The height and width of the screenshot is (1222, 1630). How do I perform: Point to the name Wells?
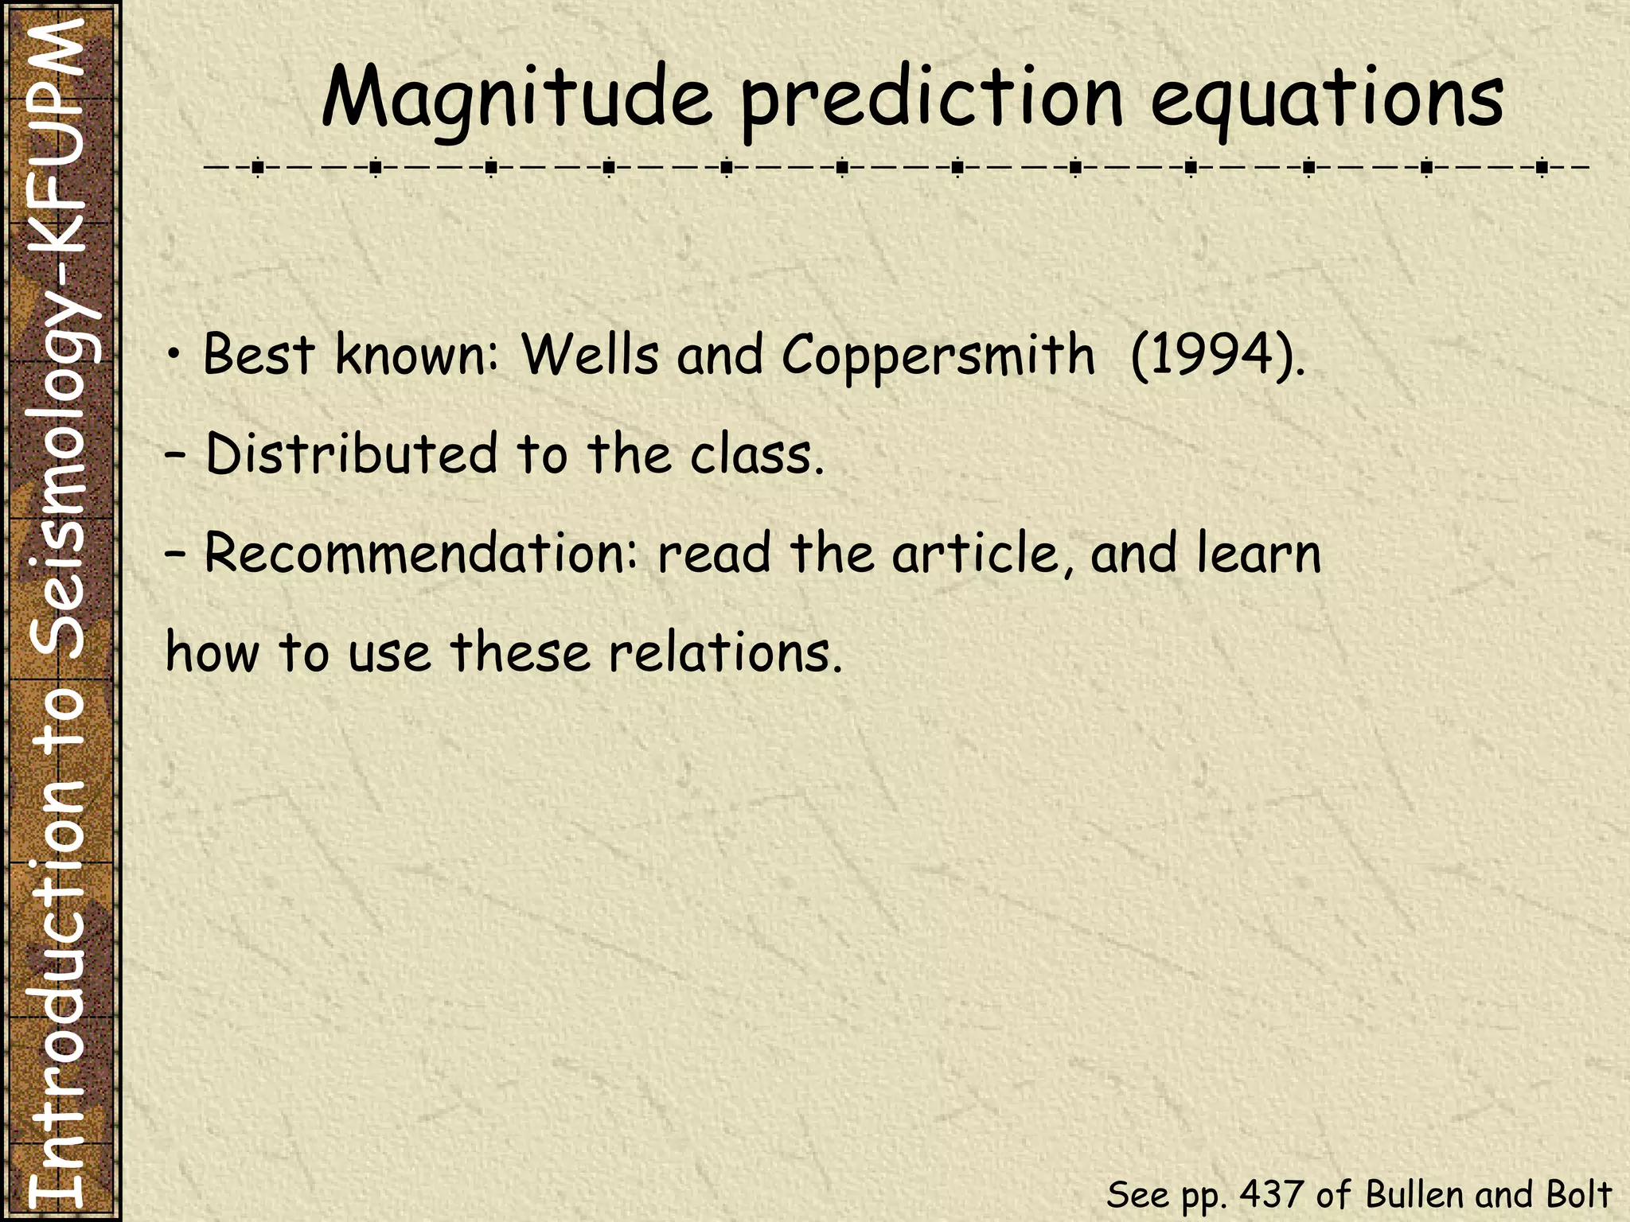590,354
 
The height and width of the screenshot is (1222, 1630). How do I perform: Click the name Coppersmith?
938,356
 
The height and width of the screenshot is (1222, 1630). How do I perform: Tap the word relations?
723,652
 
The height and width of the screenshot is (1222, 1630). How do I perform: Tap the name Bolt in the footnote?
1579,1194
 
